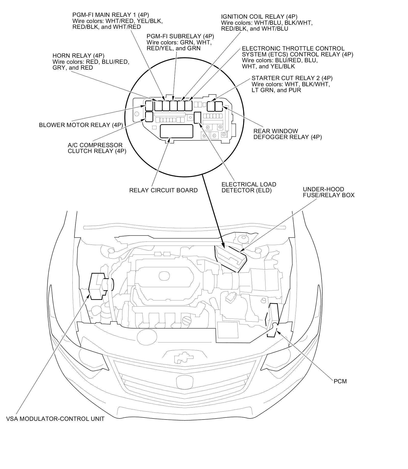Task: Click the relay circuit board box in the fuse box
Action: tap(176, 131)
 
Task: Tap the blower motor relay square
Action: tap(149, 105)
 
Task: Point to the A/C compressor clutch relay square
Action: tap(149, 116)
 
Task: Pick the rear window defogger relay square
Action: tap(219, 106)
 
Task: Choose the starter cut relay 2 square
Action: tap(211, 106)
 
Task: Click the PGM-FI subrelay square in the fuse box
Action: tap(173, 106)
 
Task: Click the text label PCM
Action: tap(340, 382)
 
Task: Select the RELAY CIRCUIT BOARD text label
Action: tap(163, 190)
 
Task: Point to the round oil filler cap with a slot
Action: tap(187, 320)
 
